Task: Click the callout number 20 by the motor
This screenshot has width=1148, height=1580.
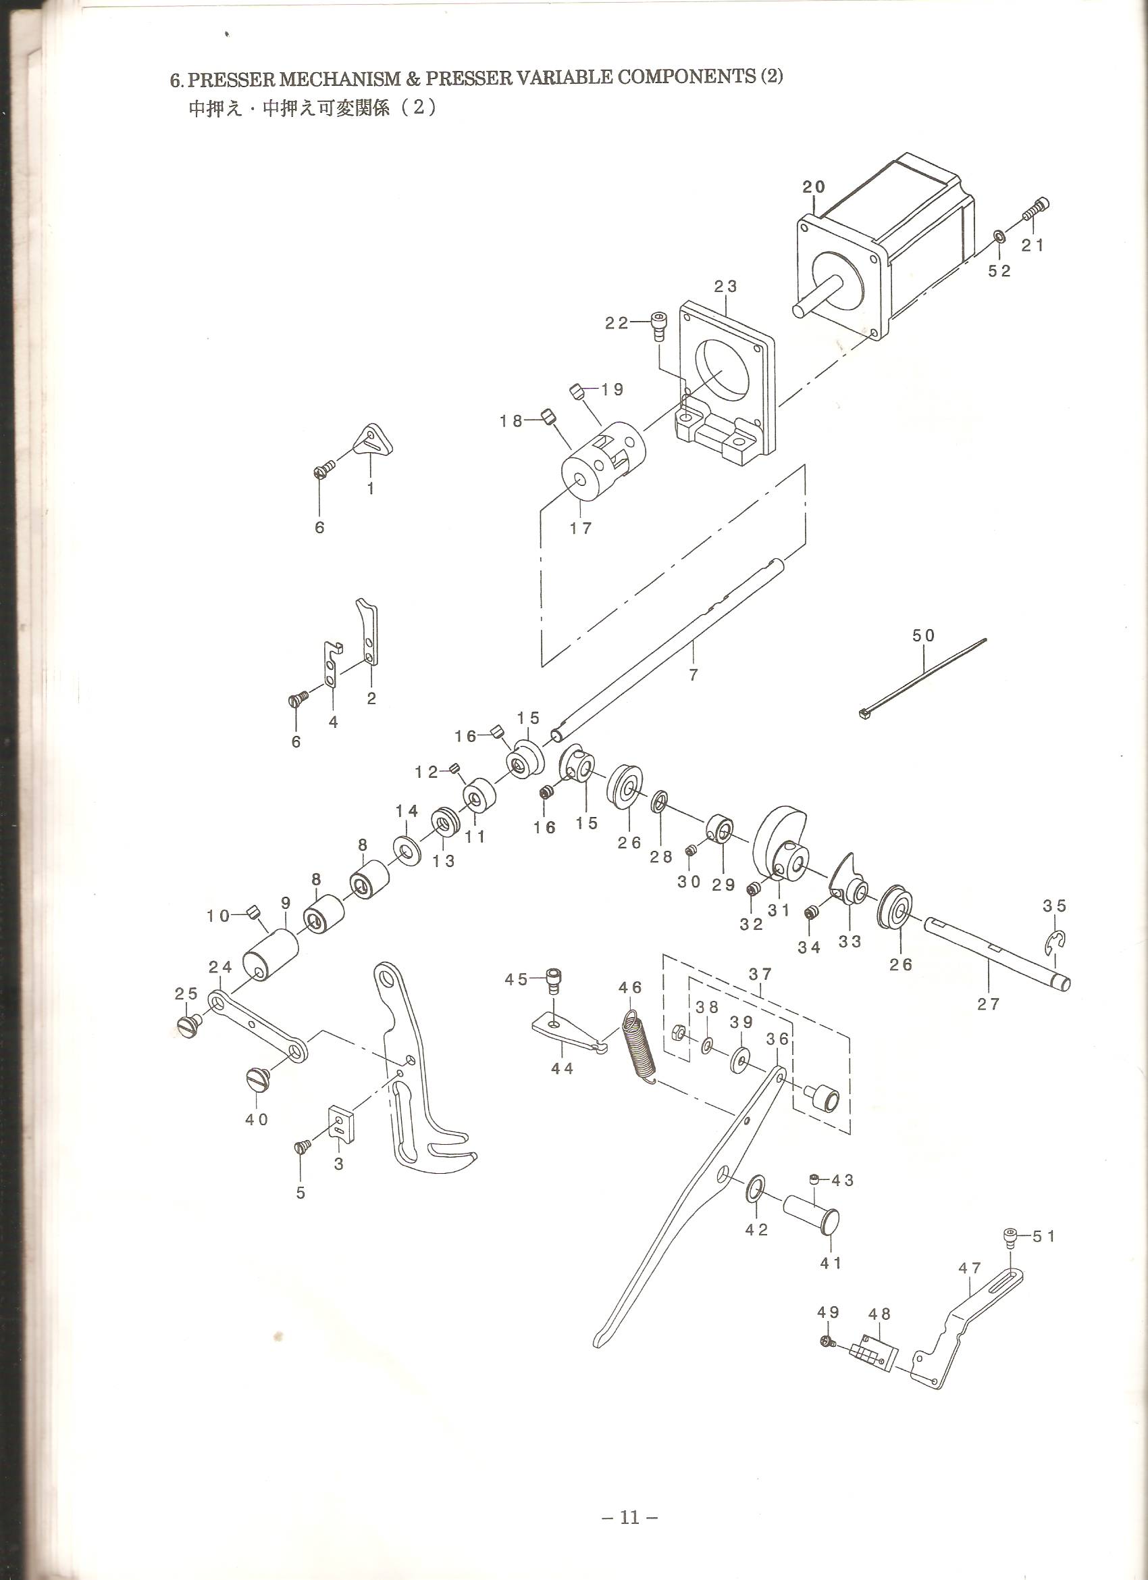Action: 813,187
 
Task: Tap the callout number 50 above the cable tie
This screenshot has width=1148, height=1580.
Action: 924,635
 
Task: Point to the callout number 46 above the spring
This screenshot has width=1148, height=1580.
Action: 630,988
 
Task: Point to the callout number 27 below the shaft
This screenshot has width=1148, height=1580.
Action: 988,1004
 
